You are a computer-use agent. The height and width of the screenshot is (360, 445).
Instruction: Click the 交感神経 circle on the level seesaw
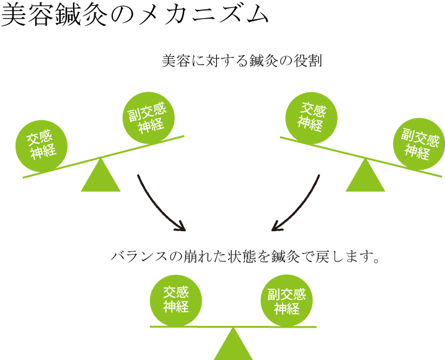pyautogui.click(x=176, y=301)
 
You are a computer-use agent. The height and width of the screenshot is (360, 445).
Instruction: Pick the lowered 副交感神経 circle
pyautogui.click(x=419, y=144)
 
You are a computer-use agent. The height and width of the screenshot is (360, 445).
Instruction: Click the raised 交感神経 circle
pyautogui.click(x=311, y=117)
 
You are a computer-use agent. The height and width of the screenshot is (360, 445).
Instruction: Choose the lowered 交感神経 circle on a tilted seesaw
pyautogui.click(x=42, y=146)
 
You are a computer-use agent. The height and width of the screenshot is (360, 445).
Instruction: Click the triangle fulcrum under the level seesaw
pyautogui.click(x=233, y=346)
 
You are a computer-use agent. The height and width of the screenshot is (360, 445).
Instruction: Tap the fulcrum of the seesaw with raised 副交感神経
pyautogui.click(x=101, y=178)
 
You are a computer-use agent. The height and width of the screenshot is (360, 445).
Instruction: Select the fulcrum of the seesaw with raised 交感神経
pyautogui.click(x=365, y=178)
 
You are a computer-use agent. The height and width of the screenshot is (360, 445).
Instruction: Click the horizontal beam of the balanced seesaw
pyautogui.click(x=233, y=327)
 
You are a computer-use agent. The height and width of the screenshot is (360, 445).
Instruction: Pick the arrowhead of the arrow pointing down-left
pyautogui.click(x=276, y=227)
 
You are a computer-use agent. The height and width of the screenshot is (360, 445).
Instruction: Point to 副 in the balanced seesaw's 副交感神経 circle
pyautogui.click(x=274, y=294)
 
